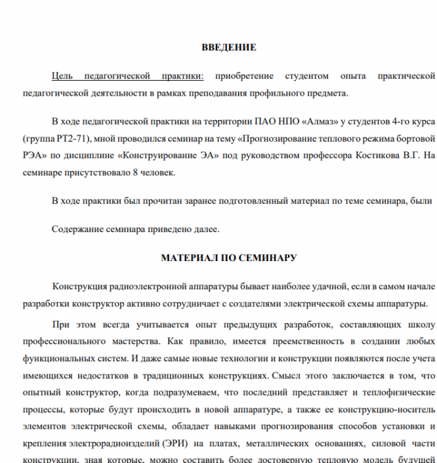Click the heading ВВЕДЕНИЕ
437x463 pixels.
point(228,48)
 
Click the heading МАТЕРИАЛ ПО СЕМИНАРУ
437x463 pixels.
point(228,258)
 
